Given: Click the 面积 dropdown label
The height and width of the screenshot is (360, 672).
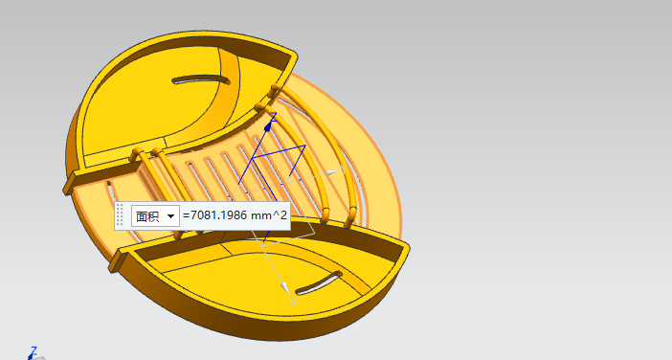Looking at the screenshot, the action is point(147,216).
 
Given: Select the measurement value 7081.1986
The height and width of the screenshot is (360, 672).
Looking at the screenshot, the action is point(218,215).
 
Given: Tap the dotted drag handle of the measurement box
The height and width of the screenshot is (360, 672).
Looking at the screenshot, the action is point(120,215).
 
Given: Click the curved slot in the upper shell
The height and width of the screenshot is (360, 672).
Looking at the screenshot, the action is point(201,80).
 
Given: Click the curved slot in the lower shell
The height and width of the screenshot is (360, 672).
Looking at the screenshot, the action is point(320,282).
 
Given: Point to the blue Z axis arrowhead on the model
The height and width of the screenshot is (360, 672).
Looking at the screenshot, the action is point(268,126).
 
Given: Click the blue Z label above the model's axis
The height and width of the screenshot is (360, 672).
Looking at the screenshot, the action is point(273,116).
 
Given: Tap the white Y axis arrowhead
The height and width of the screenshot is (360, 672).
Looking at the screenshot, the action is point(332,172).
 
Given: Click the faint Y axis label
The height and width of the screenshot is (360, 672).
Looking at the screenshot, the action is point(344,169).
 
